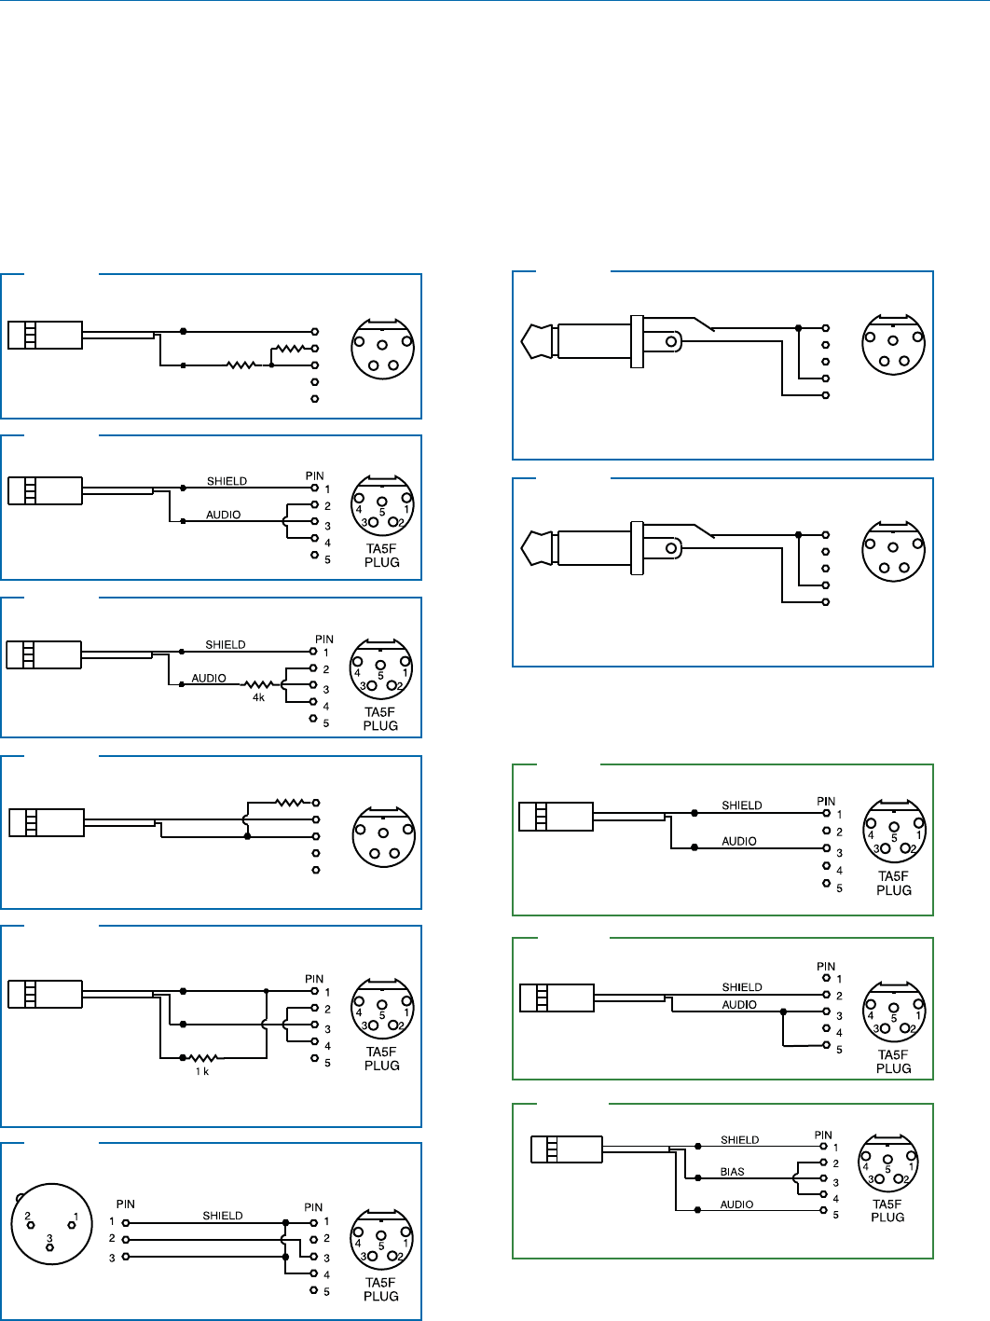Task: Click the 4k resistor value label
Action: (x=258, y=697)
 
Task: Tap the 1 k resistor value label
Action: (x=202, y=1072)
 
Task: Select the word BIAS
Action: (x=733, y=1172)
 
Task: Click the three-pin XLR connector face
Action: (x=51, y=1223)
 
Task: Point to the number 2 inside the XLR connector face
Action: (x=28, y=1216)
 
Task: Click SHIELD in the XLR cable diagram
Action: (x=223, y=1216)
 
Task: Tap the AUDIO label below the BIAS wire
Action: (x=736, y=1204)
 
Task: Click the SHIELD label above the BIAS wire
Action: (x=740, y=1140)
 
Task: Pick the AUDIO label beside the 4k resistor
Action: (x=209, y=679)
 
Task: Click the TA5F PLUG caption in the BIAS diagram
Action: (x=887, y=1210)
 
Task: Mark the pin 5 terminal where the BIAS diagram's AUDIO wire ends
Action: (x=824, y=1211)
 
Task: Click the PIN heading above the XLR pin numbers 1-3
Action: (x=126, y=1204)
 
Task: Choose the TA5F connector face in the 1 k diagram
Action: (x=382, y=1010)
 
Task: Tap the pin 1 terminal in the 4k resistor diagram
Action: (x=314, y=651)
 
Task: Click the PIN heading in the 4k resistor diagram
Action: (x=324, y=640)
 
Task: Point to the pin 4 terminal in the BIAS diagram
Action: (x=824, y=1195)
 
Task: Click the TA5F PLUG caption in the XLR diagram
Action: (x=381, y=1289)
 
